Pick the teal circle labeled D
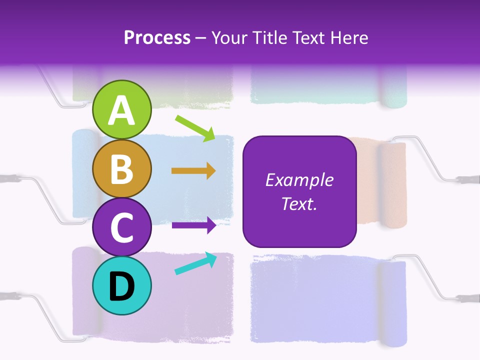coord(121,286)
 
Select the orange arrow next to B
coord(193,171)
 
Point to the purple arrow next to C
coord(193,225)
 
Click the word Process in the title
coord(157,37)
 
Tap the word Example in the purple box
coord(299,180)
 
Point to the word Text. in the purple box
coord(299,204)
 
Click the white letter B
coord(121,169)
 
